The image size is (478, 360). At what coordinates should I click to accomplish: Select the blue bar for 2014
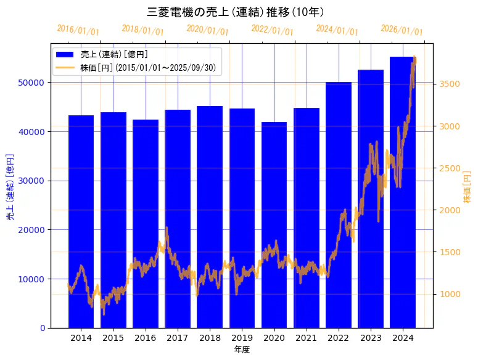(x=81, y=222)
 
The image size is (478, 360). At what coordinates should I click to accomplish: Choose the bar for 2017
(x=178, y=219)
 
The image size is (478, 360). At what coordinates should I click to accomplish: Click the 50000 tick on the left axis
(x=32, y=83)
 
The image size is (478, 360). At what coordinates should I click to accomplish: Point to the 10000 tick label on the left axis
(x=32, y=279)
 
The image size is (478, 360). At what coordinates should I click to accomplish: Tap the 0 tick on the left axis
(x=43, y=328)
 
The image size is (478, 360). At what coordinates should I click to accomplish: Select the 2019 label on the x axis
(x=242, y=338)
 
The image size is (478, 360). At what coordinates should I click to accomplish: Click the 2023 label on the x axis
(x=371, y=338)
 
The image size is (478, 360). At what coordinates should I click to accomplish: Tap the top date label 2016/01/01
(x=78, y=30)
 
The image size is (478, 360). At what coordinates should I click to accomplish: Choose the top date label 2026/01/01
(x=402, y=30)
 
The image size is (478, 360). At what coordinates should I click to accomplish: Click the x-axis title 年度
(x=242, y=350)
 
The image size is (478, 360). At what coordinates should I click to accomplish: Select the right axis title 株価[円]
(x=467, y=187)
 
